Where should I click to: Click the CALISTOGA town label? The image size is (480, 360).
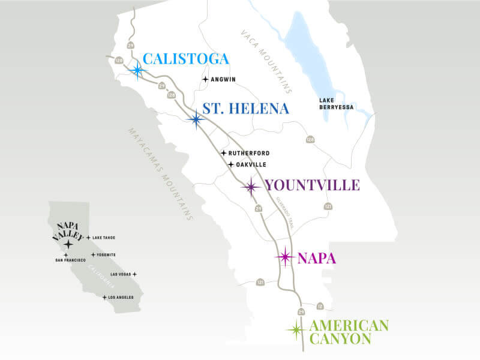tap(186, 59)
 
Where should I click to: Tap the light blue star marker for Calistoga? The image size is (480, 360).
tap(138, 70)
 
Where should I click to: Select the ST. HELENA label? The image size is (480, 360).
tap(245, 109)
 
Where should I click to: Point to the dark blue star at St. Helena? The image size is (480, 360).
tap(196, 119)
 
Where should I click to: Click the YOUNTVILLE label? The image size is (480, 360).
tap(312, 185)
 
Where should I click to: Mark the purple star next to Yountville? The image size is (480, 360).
tap(251, 187)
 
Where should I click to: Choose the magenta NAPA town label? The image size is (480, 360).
tap(316, 259)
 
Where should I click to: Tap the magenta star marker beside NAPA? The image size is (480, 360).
tap(285, 257)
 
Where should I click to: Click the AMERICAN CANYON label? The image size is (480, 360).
tap(349, 332)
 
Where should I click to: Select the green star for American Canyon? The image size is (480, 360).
tap(295, 329)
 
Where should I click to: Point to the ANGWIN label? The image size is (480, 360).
tap(223, 79)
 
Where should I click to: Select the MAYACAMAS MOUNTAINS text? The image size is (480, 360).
tap(161, 174)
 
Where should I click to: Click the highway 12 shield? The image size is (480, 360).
tap(320, 307)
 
